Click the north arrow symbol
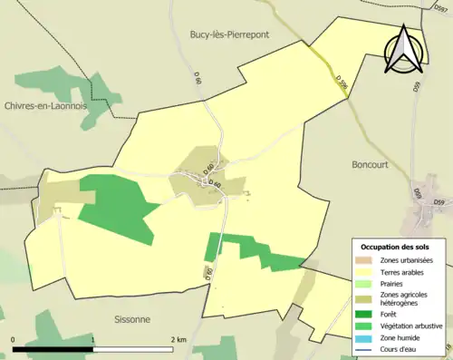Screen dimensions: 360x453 pyautogui.click(x=401, y=50)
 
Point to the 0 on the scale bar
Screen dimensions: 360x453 pyautogui.click(x=14, y=339)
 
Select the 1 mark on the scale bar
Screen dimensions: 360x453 pyautogui.click(x=93, y=339)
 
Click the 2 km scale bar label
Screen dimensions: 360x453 pyautogui.click(x=178, y=339)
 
